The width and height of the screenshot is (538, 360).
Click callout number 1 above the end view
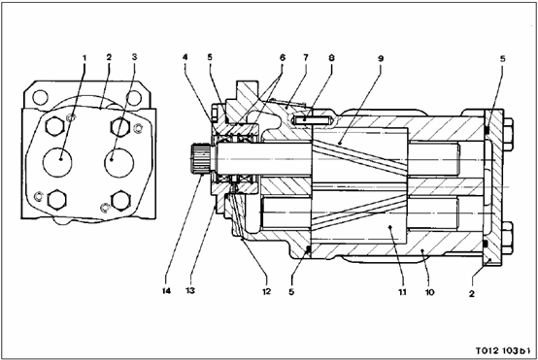[84, 57]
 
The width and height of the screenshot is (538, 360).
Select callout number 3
[134, 57]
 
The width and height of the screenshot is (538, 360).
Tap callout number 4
[185, 57]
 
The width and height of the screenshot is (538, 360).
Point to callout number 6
[283, 57]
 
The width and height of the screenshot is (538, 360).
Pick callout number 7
[306, 57]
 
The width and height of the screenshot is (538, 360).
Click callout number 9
[381, 58]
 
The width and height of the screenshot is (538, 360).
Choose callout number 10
[429, 292]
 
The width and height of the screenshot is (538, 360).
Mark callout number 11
[402, 292]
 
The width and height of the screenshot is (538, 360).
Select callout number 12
[267, 291]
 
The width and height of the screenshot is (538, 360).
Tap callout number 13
[190, 291]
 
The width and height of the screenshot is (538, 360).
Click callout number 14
[166, 291]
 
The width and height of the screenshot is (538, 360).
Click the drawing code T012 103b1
[503, 351]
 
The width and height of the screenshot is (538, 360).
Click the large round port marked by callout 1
[57, 162]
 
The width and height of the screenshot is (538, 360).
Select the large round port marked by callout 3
[119, 162]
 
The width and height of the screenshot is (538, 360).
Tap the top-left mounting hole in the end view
[41, 98]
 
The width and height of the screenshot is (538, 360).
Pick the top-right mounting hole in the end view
[134, 98]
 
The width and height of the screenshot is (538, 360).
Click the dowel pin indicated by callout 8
[312, 120]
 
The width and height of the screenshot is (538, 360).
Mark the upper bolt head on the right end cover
[508, 135]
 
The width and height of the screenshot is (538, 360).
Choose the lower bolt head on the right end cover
[508, 238]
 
